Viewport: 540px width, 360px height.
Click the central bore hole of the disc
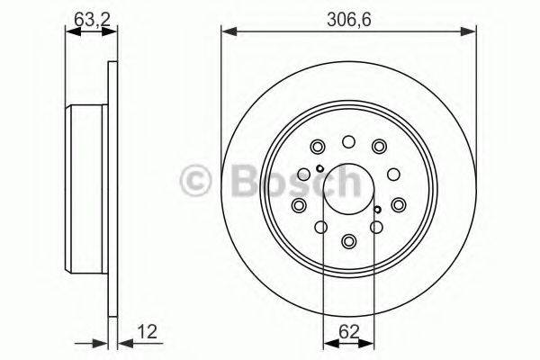click(348, 190)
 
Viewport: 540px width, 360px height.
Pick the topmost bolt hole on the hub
click(348, 140)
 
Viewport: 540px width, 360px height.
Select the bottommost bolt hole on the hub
click(348, 240)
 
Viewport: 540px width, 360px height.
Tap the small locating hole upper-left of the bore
click(319, 170)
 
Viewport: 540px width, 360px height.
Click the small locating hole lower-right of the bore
click(377, 211)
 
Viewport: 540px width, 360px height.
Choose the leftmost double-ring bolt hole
click(299, 205)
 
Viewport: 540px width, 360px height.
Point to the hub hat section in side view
click(86, 190)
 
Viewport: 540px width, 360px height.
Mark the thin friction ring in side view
click(112, 190)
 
